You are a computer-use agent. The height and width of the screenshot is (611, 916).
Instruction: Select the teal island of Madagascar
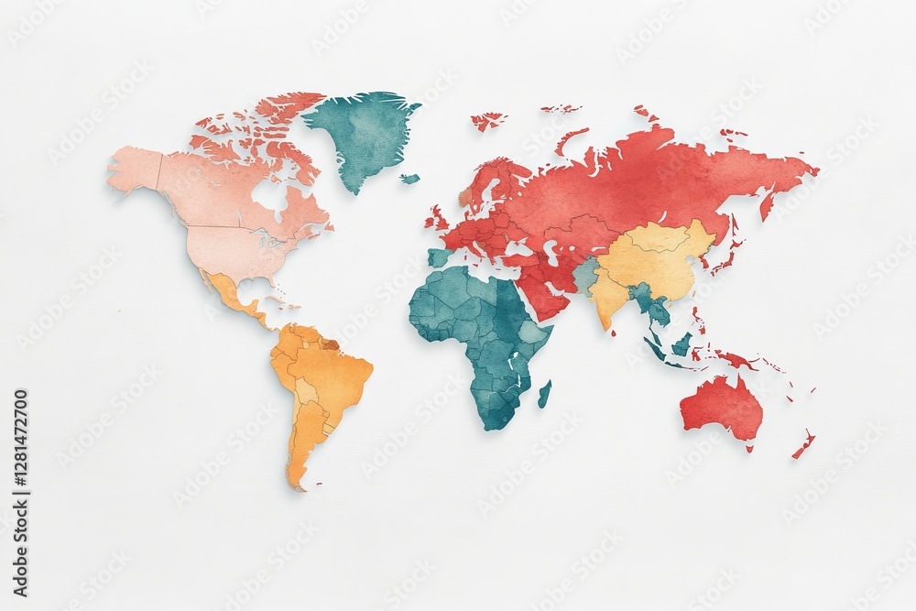point(544,394)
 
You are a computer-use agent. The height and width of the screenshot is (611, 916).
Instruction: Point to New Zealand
point(803,444)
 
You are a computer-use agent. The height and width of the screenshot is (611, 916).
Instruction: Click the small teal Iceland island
point(409,179)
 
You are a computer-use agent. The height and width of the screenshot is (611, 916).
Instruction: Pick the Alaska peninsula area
point(133,169)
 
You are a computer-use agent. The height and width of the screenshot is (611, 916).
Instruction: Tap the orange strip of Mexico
point(234,298)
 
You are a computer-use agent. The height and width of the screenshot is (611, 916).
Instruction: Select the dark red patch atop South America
point(329,344)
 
